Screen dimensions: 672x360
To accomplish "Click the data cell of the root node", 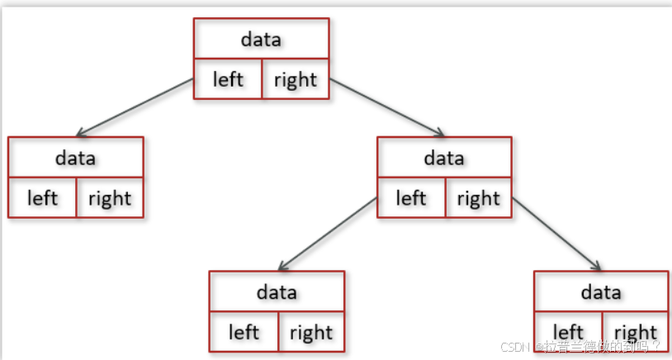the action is click(x=261, y=39).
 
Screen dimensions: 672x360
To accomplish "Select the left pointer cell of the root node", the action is click(x=228, y=79).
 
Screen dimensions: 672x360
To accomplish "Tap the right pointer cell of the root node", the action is click(x=295, y=79).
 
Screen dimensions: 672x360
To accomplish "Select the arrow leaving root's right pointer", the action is click(x=388, y=107).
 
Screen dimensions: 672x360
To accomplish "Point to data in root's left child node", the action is click(x=75, y=157).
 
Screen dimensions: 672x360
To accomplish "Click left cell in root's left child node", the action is click(x=42, y=198).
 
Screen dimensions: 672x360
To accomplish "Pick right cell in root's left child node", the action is click(x=110, y=198).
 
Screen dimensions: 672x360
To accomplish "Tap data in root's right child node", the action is click(x=444, y=157).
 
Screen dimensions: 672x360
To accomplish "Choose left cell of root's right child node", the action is click(x=410, y=198).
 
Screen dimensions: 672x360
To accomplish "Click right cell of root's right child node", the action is click(x=478, y=198).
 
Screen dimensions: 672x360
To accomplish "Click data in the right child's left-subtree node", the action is click(x=276, y=291).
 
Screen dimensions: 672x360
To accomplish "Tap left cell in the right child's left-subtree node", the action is click(x=244, y=332).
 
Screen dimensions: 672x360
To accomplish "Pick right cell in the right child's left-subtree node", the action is click(x=310, y=332).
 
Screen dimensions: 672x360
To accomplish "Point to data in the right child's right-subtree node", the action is click(x=601, y=291).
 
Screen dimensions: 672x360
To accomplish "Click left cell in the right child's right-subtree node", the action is click(x=568, y=332).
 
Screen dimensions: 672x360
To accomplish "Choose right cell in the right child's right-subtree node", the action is click(x=635, y=332).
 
